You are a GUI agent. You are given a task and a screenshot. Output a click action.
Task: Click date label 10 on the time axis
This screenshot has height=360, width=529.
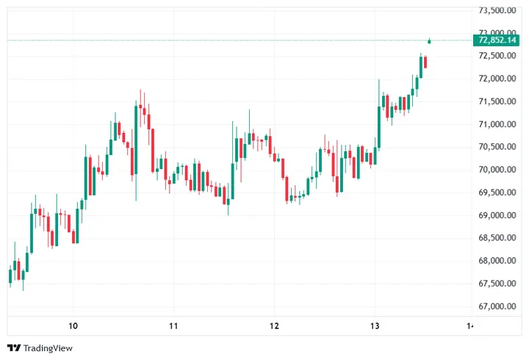click(x=73, y=325)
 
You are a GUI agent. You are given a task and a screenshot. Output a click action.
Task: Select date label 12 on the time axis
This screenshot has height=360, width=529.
click(x=274, y=325)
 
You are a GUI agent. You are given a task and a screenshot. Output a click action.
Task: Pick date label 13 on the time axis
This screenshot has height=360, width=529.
click(x=374, y=325)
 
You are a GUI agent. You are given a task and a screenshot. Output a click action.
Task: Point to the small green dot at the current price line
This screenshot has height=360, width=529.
click(x=429, y=40)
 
